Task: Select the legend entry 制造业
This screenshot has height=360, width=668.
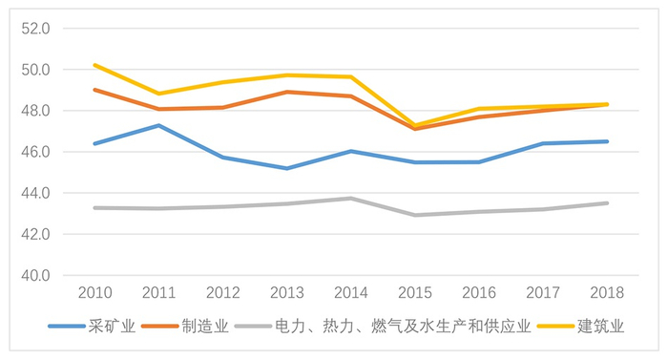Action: coord(206,327)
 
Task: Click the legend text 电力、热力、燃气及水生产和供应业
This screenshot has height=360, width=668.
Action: coord(400,327)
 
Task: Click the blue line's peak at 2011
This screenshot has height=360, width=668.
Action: coord(158,125)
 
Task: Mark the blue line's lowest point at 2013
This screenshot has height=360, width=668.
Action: coord(287,168)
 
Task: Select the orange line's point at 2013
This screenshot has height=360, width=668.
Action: coord(287,92)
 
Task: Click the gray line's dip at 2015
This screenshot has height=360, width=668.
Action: coord(415,215)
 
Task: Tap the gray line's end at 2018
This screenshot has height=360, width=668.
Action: coord(608,202)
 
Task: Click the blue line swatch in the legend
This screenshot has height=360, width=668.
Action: coord(67,327)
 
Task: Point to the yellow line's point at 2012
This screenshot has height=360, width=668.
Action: coord(222,82)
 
